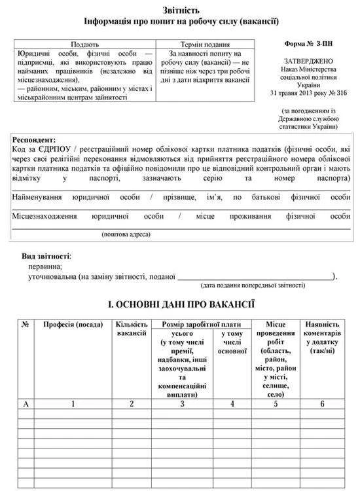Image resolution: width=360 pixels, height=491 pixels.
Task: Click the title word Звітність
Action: tap(181, 10)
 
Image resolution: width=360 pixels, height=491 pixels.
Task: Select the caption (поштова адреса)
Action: tap(126, 234)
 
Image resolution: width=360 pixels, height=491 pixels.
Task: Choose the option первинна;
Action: tap(45, 266)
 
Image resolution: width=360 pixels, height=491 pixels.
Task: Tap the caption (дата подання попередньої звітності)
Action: tap(253, 285)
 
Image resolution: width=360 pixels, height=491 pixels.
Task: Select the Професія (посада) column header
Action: tap(73, 325)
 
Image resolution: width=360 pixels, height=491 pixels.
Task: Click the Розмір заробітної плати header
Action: tap(200, 325)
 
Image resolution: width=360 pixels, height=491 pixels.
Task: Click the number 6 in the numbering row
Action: tap(322, 403)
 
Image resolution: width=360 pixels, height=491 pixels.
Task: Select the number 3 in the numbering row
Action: tap(182, 403)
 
